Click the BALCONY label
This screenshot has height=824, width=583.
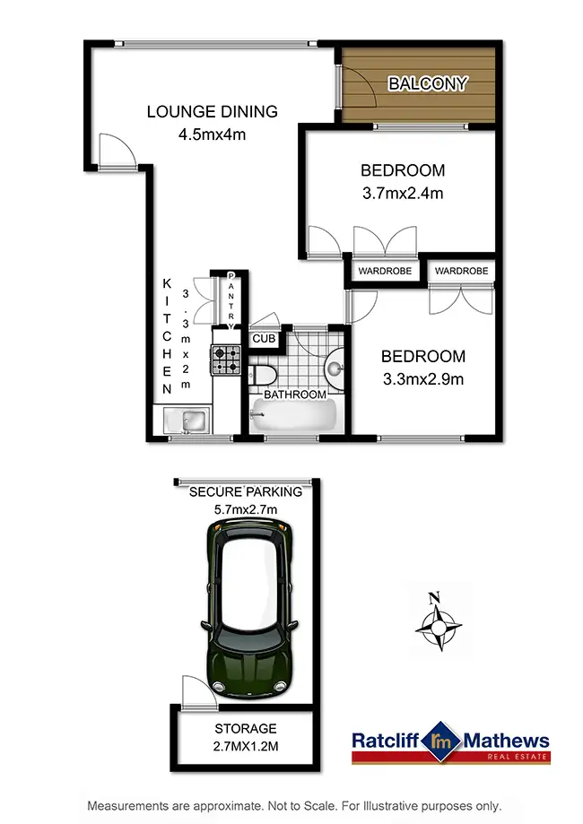pyautogui.click(x=427, y=84)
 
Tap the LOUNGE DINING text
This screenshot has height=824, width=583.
pyautogui.click(x=213, y=112)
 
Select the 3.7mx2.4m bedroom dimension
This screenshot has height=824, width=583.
pyautogui.click(x=403, y=192)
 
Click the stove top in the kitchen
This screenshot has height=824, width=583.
pyautogui.click(x=226, y=360)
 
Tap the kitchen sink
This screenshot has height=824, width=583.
pyautogui.click(x=187, y=421)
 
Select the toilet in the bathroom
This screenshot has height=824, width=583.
pyautogui.click(x=262, y=372)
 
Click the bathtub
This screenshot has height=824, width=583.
pyautogui.click(x=294, y=416)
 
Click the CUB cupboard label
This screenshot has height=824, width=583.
pyautogui.click(x=263, y=339)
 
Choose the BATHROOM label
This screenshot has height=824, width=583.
pyautogui.click(x=294, y=395)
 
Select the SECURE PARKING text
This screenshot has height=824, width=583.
pyautogui.click(x=246, y=492)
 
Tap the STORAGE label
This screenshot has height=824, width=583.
pyautogui.click(x=245, y=728)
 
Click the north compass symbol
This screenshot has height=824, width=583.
pyautogui.click(x=438, y=624)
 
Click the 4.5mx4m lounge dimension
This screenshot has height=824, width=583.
pyautogui.click(x=213, y=135)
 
